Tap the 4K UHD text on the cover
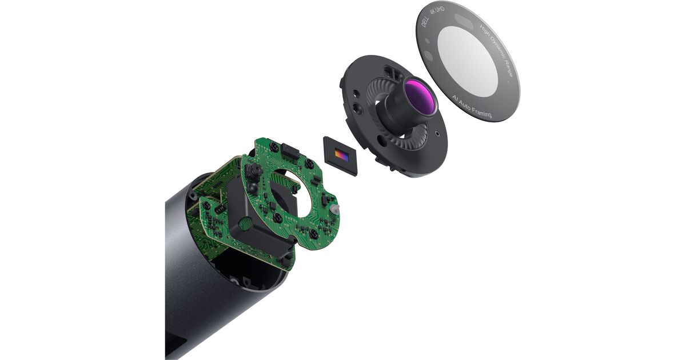pyautogui.click(x=437, y=11)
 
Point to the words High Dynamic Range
pyautogui.click(x=497, y=50)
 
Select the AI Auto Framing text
pyautogui.click(x=472, y=106)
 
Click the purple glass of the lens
pyautogui.click(x=420, y=95)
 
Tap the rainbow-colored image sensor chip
pyautogui.click(x=342, y=155)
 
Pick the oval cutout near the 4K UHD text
pyautogui.click(x=464, y=21)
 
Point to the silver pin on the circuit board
pyautogui.click(x=334, y=209)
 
